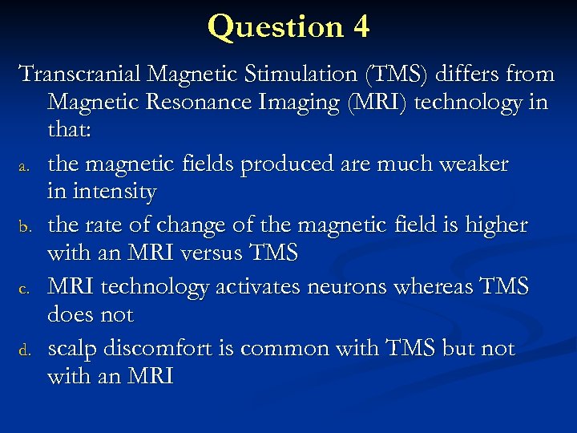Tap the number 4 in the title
point(360,26)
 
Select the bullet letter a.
point(25,166)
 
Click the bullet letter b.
point(25,228)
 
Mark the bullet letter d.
point(25,350)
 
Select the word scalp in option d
point(75,349)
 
